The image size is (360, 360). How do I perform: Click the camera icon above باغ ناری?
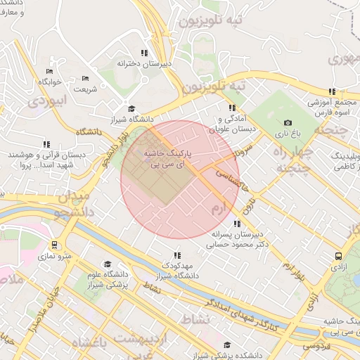click(287, 123)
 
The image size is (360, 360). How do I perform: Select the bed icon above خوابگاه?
click(49, 72)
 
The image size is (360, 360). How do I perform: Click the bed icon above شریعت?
click(85, 78)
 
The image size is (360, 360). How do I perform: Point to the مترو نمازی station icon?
click(68, 245)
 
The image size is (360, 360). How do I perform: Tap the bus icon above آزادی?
click(339, 257)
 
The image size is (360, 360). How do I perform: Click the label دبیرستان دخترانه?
click(144, 63)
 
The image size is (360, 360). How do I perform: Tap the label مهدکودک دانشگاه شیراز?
click(176, 272)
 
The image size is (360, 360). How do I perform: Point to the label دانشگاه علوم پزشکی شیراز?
click(107, 280)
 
